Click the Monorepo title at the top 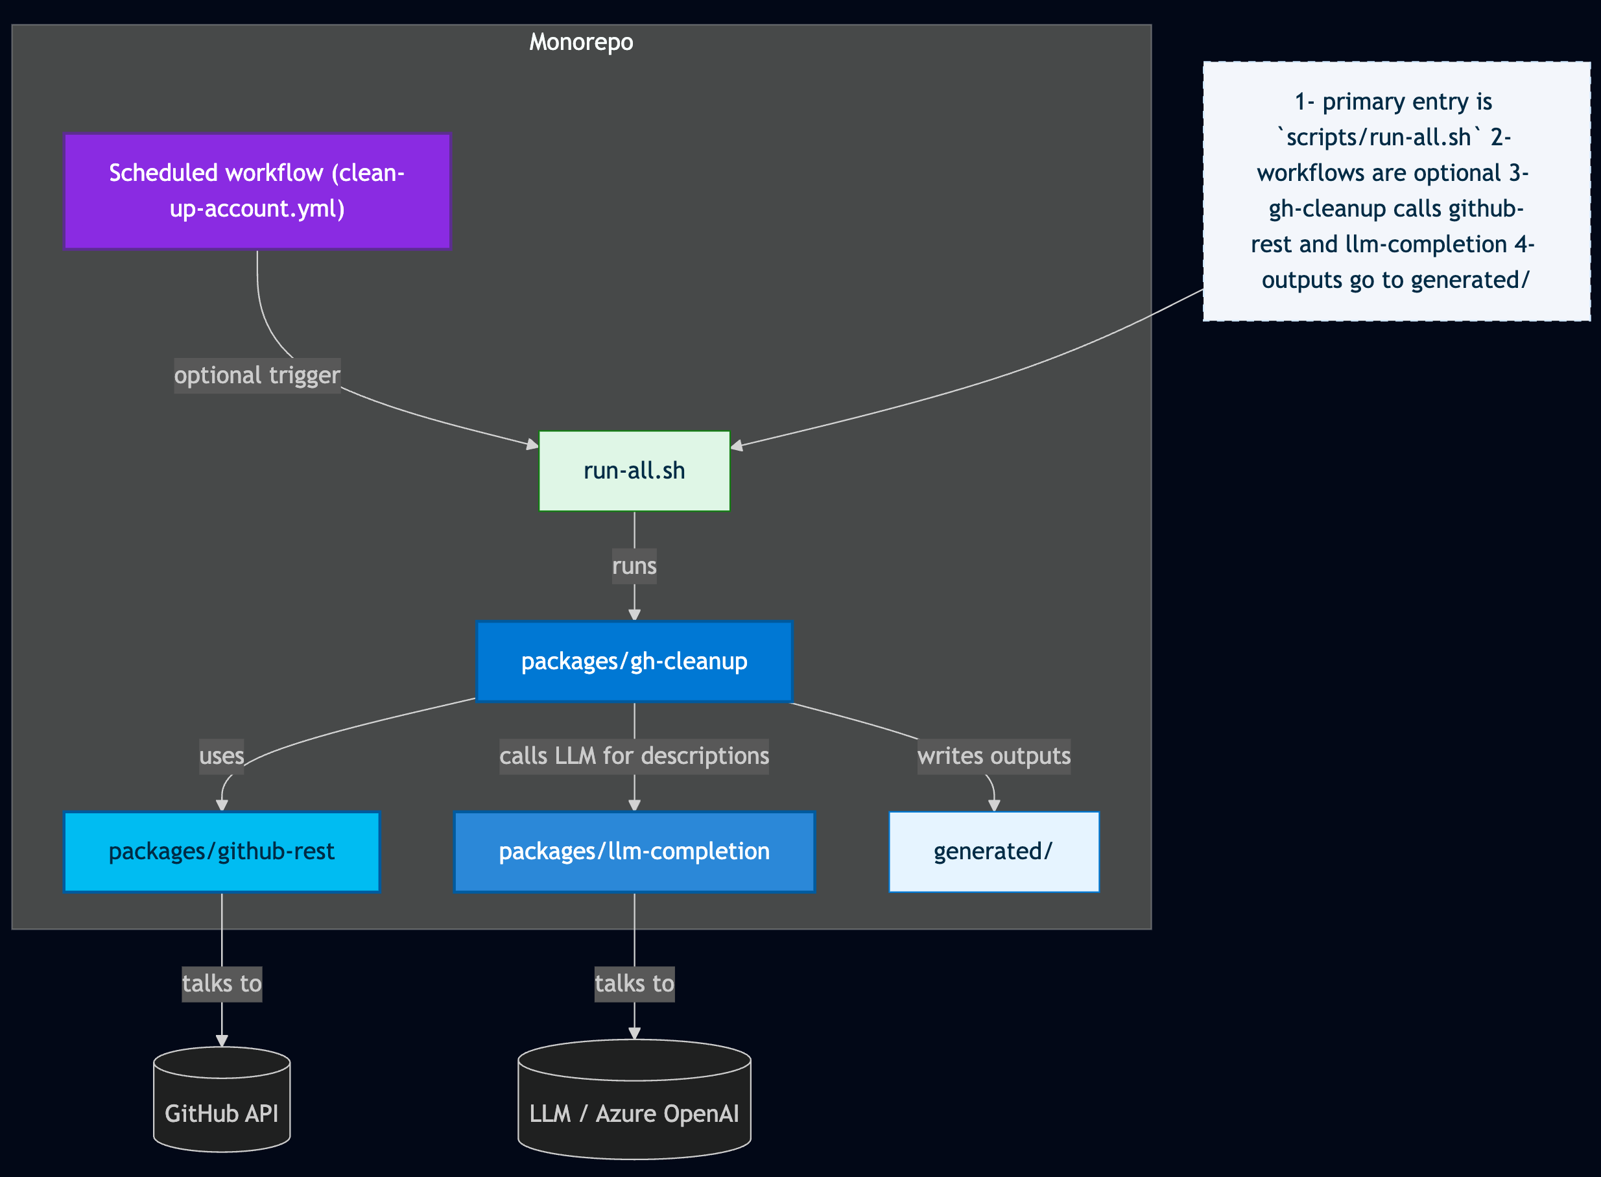[581, 42]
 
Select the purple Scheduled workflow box [257, 191]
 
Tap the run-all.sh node [634, 471]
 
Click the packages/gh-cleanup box [634, 661]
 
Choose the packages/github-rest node [222, 851]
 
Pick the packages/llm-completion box [634, 851]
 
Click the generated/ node [993, 851]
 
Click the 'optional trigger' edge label [257, 375]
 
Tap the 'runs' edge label [634, 566]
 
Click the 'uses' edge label [222, 756]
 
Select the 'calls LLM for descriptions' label [634, 756]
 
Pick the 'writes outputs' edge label [993, 756]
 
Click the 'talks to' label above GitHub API [222, 984]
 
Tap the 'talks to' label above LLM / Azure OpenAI [634, 984]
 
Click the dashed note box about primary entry [1397, 191]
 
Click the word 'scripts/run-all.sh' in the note [1378, 137]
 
